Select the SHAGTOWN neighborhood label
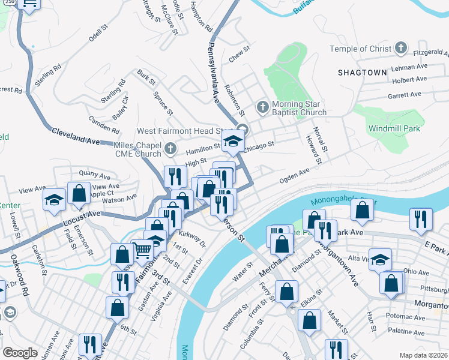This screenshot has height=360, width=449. point(362,72)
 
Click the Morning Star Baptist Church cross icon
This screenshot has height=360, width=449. point(262,107)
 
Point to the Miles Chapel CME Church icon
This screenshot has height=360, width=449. point(170,148)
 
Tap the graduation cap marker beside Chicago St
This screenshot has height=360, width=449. point(232,142)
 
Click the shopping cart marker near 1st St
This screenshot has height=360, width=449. point(142,250)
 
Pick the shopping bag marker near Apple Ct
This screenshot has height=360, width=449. point(79,193)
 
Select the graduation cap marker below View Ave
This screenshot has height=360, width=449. point(54,200)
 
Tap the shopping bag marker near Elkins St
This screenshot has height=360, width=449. point(310,321)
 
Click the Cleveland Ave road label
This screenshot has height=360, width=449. point(74,134)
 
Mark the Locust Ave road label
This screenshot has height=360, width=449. point(82,220)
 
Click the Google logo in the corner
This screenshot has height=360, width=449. point(20,353)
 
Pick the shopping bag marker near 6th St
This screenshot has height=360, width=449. point(117,307)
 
